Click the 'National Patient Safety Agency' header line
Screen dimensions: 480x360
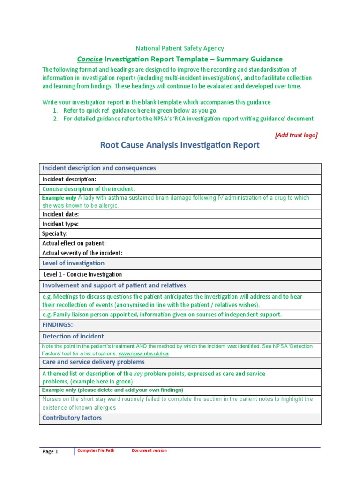pos(180,48)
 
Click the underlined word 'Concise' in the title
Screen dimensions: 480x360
pos(90,59)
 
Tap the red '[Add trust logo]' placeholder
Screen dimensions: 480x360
pos(296,135)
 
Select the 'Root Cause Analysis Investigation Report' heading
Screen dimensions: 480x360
pos(180,145)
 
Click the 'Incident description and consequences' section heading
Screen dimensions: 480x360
pos(99,168)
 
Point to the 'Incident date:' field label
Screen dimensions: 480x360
pos(60,214)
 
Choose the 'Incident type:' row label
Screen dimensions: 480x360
pos(60,224)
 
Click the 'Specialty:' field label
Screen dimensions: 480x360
pos(55,233)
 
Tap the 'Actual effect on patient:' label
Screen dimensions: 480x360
pos(74,243)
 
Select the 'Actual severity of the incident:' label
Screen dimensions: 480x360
pos(82,253)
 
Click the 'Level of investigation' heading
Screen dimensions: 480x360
pos(73,263)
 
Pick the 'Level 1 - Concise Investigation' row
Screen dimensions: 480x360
pos(82,275)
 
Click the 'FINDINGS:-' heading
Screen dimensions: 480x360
pos(59,325)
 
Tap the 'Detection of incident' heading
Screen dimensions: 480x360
pos(73,337)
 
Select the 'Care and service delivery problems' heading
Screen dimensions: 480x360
pos(93,362)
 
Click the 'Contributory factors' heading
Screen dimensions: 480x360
pos(72,418)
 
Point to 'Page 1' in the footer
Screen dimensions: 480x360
pos(50,452)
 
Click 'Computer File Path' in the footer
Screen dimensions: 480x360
pos(96,450)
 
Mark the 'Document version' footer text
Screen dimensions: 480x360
pos(149,450)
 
